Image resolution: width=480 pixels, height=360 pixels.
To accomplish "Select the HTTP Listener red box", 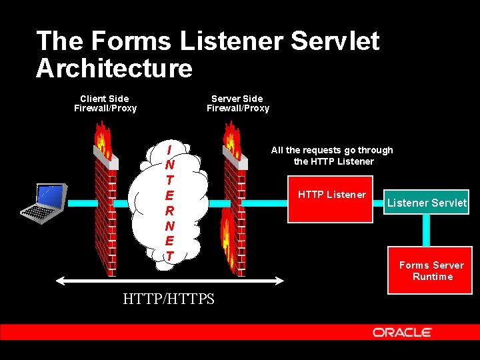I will coord(331,199).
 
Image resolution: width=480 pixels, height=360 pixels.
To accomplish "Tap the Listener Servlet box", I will coord(427,203).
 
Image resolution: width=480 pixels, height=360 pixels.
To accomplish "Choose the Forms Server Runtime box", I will coord(431,271).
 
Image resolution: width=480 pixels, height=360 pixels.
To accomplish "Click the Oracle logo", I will coord(402,332).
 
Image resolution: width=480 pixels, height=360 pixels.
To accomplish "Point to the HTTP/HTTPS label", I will coord(169,299).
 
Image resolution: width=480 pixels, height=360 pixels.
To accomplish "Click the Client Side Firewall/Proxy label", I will coord(105,103).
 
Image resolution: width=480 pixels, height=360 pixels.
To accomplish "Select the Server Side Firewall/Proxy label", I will coord(237,103).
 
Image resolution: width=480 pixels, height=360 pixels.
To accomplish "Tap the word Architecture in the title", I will coord(114,68).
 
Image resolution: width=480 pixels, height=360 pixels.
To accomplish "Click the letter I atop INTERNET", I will coord(170,149).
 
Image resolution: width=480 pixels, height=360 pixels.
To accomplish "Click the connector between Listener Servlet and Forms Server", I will coord(427,230).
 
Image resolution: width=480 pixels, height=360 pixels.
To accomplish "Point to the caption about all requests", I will coord(332,155).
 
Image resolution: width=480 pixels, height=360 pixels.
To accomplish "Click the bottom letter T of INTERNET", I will coord(170,256).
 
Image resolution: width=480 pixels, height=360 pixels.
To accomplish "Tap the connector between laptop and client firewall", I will coord(80,203).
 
